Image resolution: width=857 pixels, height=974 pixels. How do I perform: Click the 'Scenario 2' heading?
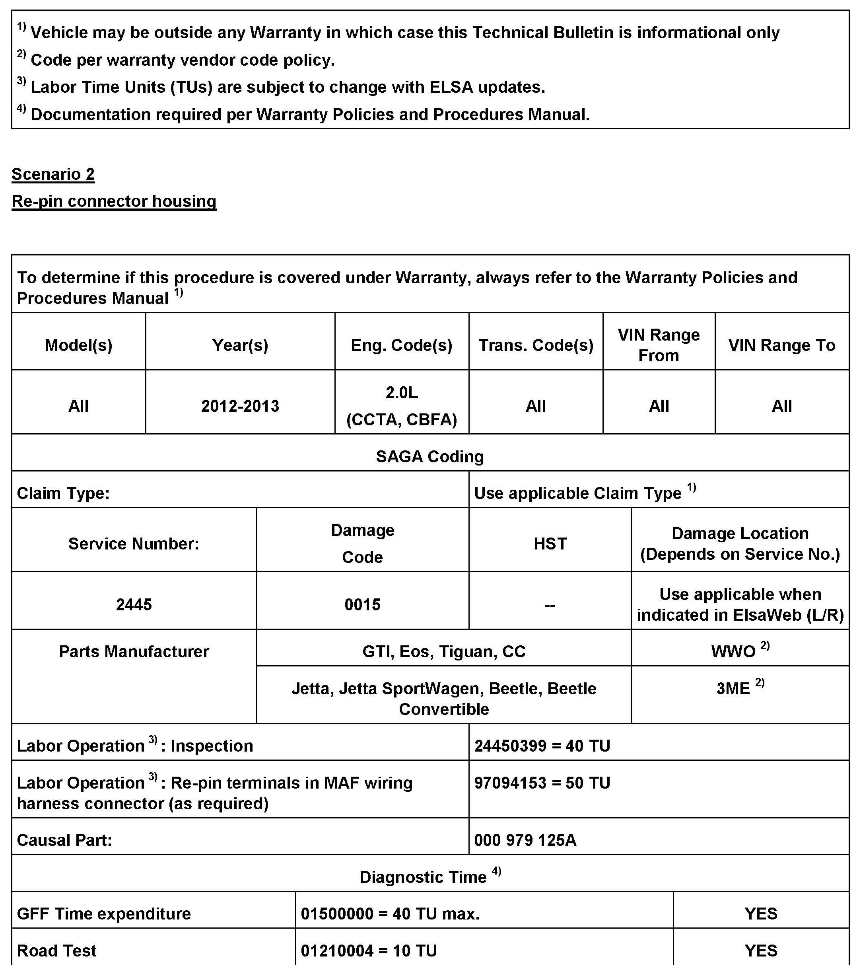[53, 174]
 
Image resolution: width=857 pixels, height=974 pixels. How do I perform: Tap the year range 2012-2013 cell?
[240, 406]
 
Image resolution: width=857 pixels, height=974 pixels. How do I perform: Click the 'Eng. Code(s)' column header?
[402, 345]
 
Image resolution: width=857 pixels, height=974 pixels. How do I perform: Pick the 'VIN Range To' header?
[781, 345]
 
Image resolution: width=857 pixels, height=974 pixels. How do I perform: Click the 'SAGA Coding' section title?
[429, 456]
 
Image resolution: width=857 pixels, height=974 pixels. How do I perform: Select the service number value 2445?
[134, 605]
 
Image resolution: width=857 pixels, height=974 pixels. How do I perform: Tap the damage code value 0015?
[363, 605]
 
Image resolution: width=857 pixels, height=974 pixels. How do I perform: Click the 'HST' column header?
[550, 544]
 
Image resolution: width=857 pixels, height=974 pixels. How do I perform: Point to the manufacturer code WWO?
[733, 651]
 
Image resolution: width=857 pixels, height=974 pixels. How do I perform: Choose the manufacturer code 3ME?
[733, 689]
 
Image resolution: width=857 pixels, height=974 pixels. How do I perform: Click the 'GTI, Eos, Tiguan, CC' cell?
[443, 651]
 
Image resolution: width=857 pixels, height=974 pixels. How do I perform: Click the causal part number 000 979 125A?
[525, 840]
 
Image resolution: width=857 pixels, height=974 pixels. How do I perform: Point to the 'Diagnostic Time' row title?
[423, 877]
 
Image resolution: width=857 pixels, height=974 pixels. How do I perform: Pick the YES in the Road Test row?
[761, 951]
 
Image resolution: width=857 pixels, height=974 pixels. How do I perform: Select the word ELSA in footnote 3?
[451, 87]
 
